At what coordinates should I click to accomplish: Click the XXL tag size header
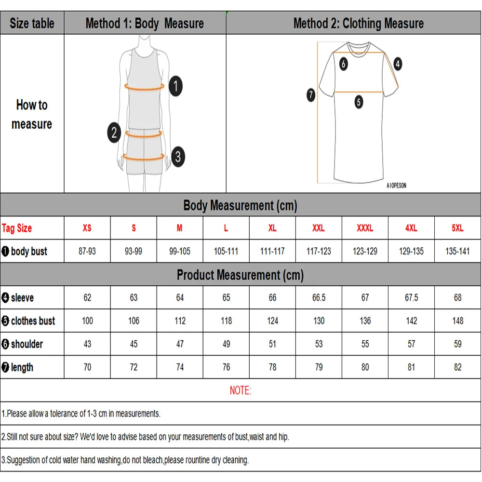coord(319,228)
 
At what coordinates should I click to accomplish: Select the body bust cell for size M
coord(180,251)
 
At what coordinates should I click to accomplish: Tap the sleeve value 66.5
coord(319,298)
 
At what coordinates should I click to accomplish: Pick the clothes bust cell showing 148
coord(457,321)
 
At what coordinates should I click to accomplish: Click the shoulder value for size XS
coord(87,344)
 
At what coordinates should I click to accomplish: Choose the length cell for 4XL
coord(411,367)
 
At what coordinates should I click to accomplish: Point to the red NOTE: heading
coord(241,390)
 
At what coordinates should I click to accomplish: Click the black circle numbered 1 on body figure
coord(176,86)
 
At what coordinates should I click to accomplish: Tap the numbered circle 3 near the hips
coord(177,156)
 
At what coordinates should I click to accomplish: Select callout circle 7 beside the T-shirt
coord(311,95)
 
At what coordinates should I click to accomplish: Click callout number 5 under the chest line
coord(359,102)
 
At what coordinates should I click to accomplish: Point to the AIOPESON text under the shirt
coord(396,185)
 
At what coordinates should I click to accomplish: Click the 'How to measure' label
coord(32,114)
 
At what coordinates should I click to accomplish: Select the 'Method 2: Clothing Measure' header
coord(358,23)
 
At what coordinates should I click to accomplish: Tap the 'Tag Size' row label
coord(17,228)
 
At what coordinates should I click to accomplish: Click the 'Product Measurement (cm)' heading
coord(240,275)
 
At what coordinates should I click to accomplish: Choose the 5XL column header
coord(457,228)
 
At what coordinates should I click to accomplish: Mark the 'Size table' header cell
coord(32,23)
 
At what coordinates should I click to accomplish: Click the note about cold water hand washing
coord(125,460)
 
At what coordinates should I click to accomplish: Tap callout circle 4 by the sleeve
coord(397,63)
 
